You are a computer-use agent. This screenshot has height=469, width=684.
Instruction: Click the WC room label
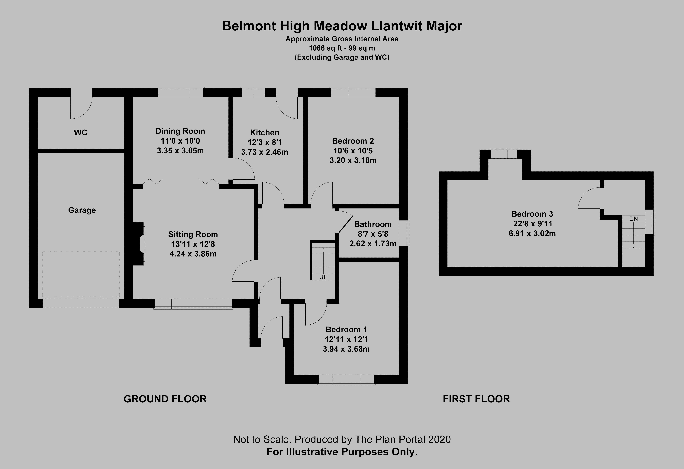81,133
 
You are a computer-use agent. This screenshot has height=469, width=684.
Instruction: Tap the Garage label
82,210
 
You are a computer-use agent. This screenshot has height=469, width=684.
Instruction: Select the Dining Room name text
180,131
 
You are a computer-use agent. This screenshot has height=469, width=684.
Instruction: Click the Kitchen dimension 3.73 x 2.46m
265,152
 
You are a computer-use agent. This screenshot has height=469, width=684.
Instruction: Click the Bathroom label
373,224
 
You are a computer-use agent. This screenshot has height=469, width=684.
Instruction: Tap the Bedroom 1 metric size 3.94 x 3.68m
346,349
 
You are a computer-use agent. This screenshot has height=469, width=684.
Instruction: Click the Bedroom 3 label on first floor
532,214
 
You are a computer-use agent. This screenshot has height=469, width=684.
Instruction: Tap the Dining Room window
180,92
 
